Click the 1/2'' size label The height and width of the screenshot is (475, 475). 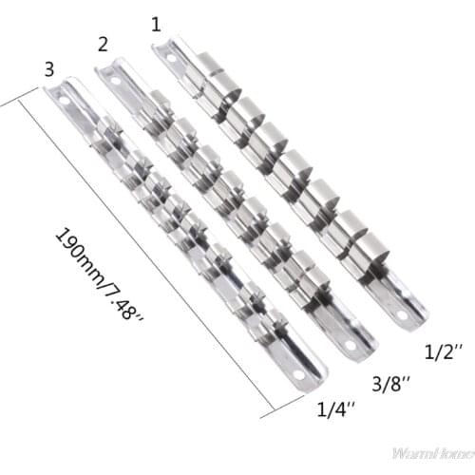pos(442,352)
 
